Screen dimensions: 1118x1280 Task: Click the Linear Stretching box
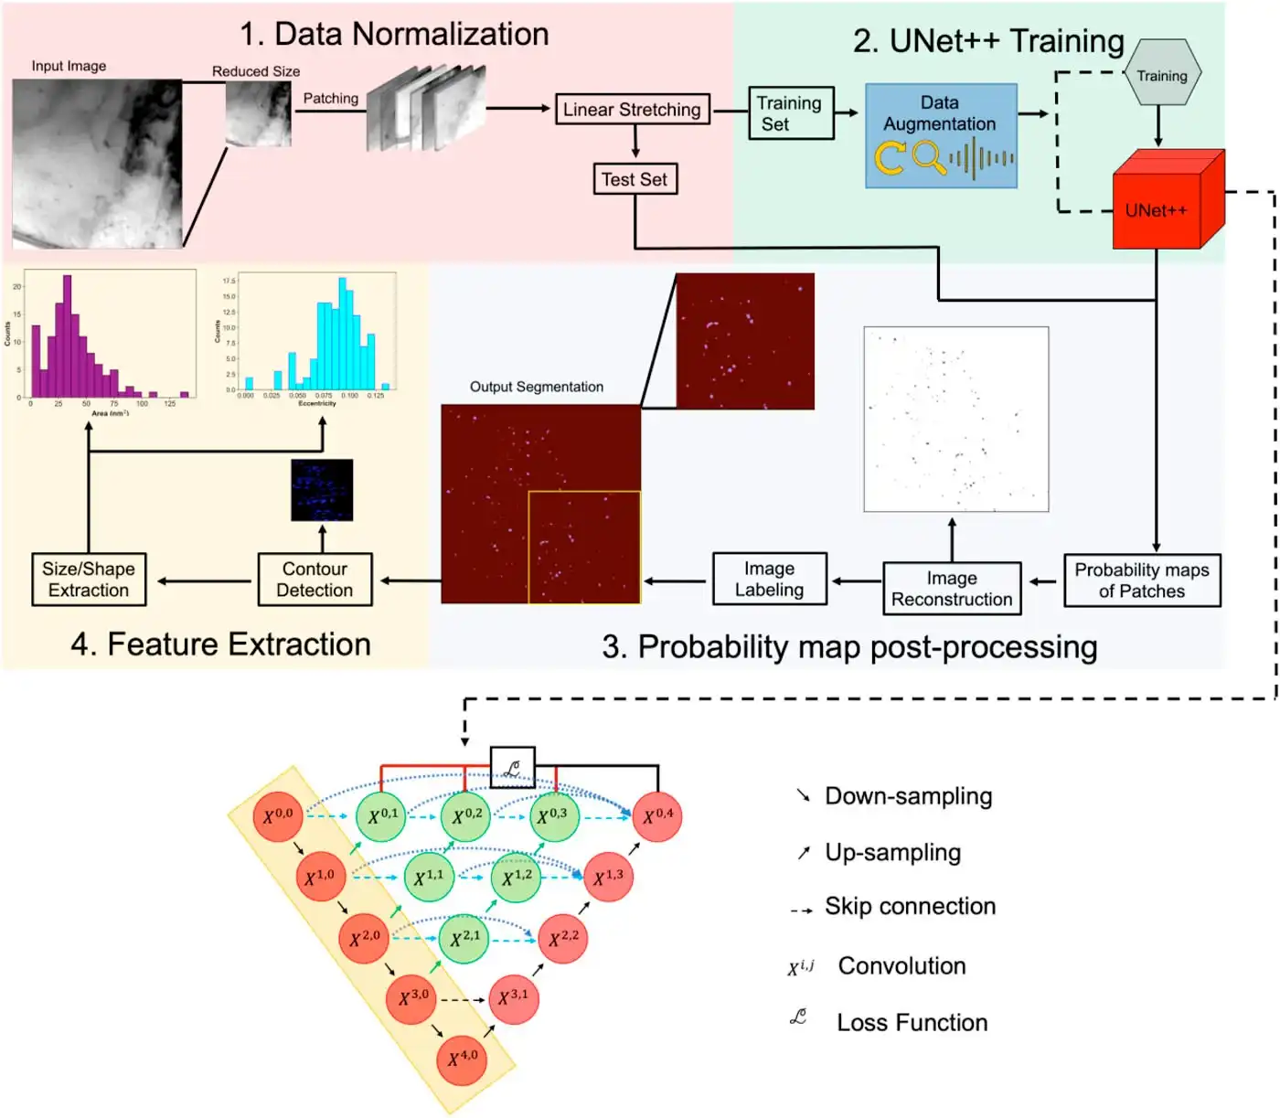(x=632, y=110)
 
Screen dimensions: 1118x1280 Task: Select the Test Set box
(x=635, y=179)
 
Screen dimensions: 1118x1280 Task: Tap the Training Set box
(x=791, y=113)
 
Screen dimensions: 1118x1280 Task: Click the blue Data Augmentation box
(x=941, y=135)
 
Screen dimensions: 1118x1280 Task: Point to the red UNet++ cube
(x=1157, y=210)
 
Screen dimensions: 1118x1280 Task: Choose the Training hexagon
(x=1161, y=76)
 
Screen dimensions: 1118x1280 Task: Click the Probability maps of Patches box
(x=1142, y=580)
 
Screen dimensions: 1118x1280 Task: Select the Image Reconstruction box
(x=952, y=589)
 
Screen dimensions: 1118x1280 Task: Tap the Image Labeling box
(x=770, y=580)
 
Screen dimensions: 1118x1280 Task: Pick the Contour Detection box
(x=315, y=580)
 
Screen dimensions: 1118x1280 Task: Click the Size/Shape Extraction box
(x=89, y=580)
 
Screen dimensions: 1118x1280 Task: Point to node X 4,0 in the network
(x=463, y=1059)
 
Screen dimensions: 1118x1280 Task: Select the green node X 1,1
(x=429, y=878)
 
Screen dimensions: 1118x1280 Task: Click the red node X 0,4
(x=657, y=815)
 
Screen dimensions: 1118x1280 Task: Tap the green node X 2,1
(x=464, y=939)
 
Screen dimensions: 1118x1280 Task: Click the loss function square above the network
(x=512, y=769)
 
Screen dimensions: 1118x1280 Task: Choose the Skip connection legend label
(x=910, y=907)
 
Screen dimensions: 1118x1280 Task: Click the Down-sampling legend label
(x=908, y=796)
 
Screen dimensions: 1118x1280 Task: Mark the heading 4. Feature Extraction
(x=220, y=644)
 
